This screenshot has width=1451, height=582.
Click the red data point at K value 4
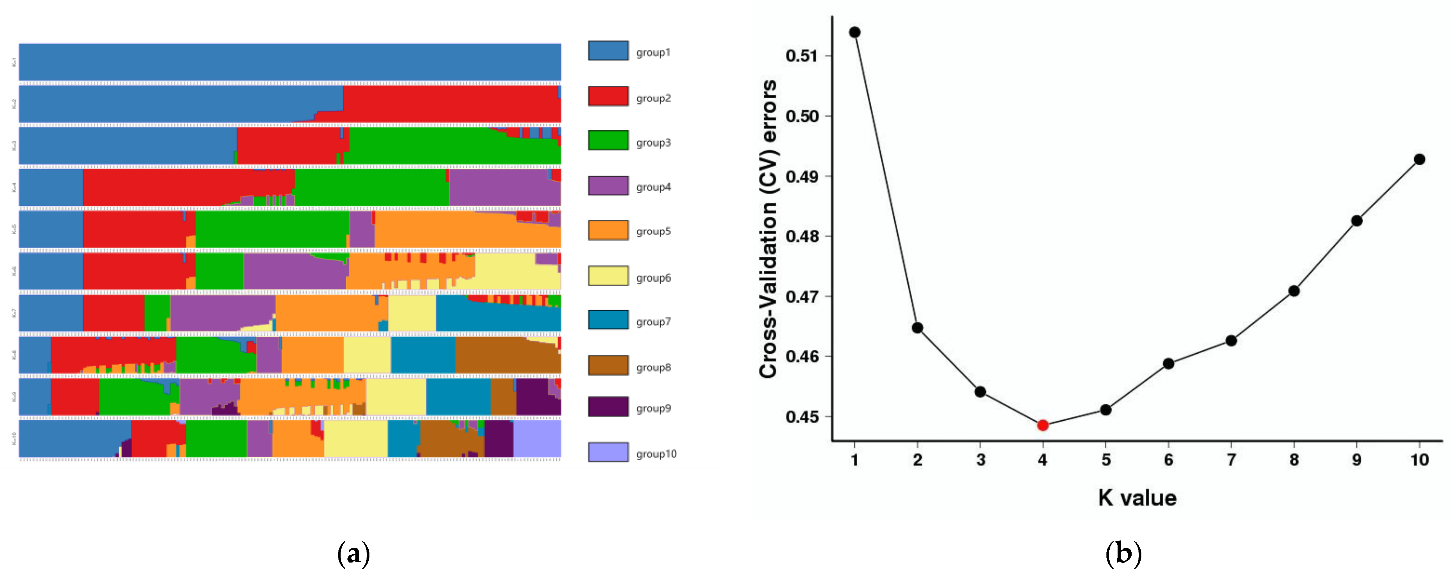(x=1043, y=425)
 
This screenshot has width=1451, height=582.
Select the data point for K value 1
(x=854, y=32)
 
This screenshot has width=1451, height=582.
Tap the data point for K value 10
(x=1419, y=160)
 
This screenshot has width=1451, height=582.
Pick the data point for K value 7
(x=1231, y=341)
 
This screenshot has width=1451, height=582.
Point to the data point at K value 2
(x=917, y=328)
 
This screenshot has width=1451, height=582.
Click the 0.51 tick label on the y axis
(x=801, y=56)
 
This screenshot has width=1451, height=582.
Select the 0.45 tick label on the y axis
(x=801, y=417)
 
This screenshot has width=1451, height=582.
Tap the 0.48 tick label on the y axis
(x=801, y=236)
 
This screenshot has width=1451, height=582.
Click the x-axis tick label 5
(x=1106, y=460)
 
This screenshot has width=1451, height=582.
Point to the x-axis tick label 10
(x=1419, y=460)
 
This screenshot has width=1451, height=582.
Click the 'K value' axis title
(x=1137, y=498)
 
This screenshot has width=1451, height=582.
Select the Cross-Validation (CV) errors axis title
(x=768, y=229)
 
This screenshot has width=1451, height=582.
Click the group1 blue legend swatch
(x=608, y=51)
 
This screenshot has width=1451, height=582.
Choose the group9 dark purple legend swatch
(x=608, y=407)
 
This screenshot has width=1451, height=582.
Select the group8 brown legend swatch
(x=608, y=365)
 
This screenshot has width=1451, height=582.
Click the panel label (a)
(x=354, y=554)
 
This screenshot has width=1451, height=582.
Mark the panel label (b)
(x=1123, y=554)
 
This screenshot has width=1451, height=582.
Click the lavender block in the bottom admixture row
(x=537, y=439)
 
